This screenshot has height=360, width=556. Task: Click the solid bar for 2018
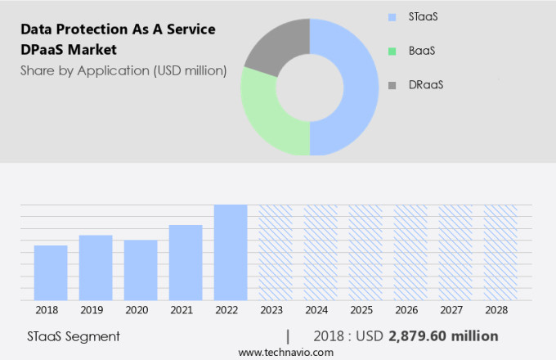tap(51, 272)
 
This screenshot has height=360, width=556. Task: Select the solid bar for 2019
tap(96, 268)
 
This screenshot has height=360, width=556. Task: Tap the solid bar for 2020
tap(141, 270)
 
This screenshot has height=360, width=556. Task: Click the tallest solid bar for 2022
tap(231, 252)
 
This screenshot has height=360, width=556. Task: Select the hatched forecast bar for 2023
tap(276, 252)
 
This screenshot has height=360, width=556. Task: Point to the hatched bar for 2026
tap(410, 252)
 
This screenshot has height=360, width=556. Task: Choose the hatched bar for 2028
tap(500, 252)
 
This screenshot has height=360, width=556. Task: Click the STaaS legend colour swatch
tap(392, 16)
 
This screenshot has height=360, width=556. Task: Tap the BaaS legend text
tap(422, 51)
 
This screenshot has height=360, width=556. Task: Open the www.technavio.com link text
tap(285, 352)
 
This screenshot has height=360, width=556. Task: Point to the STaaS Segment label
tap(74, 336)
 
